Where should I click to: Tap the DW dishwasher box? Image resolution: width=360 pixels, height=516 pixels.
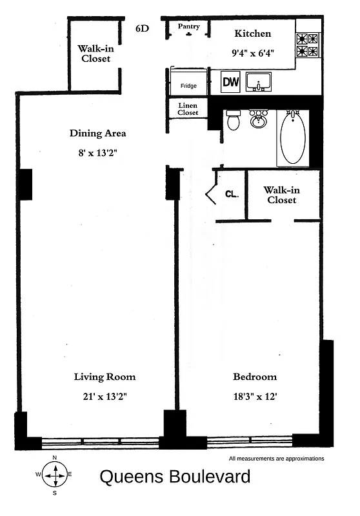[x=230, y=82]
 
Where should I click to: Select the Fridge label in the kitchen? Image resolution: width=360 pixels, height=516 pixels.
[x=188, y=86]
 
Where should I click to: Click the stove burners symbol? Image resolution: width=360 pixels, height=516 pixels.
[x=306, y=45]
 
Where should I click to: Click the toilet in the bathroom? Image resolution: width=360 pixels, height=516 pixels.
[x=234, y=120]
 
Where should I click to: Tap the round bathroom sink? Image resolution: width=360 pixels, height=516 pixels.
[x=259, y=120]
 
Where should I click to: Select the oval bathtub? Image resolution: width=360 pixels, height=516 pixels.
[x=293, y=136]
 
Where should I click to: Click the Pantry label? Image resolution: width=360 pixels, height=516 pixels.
[x=189, y=26]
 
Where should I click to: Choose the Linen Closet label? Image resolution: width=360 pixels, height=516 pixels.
[x=188, y=108]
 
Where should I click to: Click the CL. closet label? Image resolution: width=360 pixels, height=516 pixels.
[x=232, y=193]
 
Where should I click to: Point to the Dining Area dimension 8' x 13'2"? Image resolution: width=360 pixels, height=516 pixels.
[x=97, y=154]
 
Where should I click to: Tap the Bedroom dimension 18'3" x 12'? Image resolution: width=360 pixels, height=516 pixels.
[x=254, y=397]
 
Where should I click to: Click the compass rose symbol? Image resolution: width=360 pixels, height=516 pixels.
[x=55, y=475]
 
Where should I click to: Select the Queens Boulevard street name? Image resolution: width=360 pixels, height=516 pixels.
[x=174, y=477]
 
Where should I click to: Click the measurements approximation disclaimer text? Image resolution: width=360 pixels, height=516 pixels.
[x=276, y=459]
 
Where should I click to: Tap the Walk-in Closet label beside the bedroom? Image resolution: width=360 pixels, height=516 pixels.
[x=282, y=195]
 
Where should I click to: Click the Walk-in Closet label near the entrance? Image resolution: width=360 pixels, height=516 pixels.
[x=94, y=54]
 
